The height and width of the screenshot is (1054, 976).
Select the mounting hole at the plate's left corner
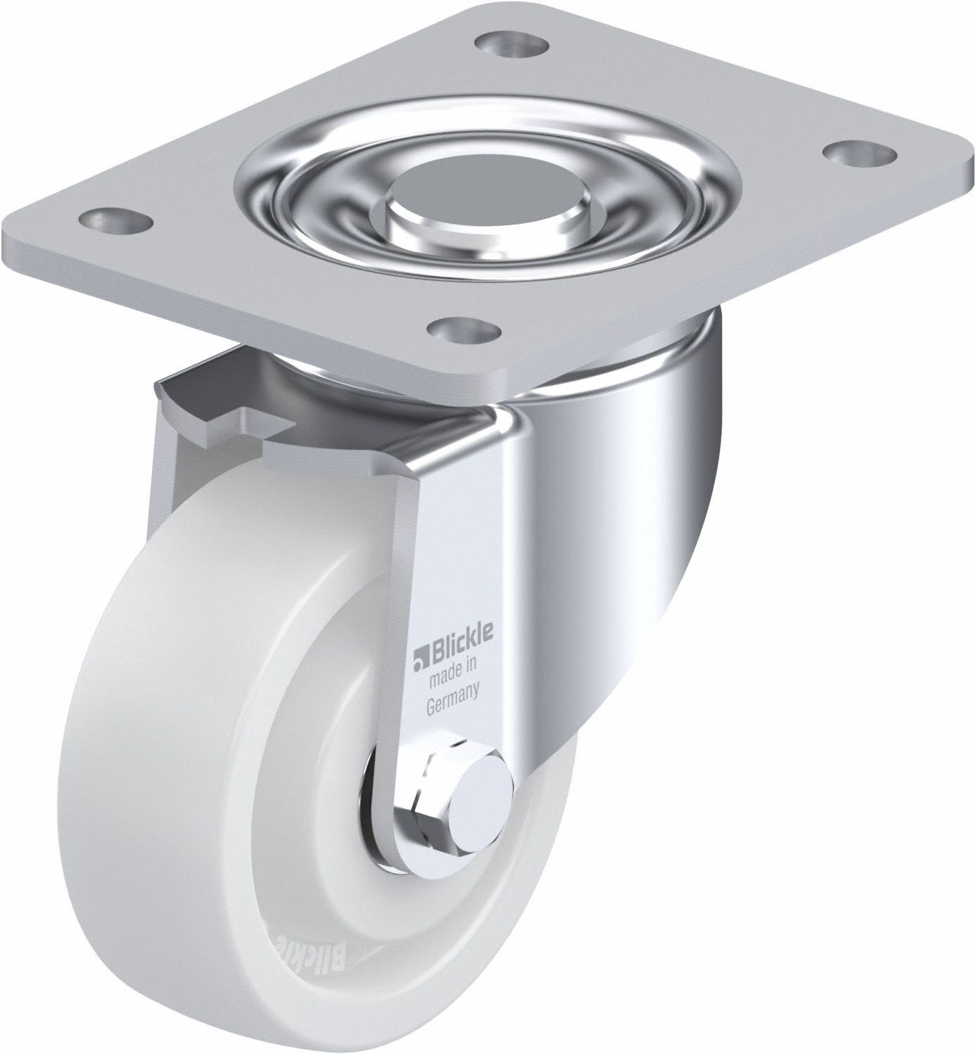[x=117, y=218]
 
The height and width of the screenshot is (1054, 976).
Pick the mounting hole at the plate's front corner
[x=467, y=329]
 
